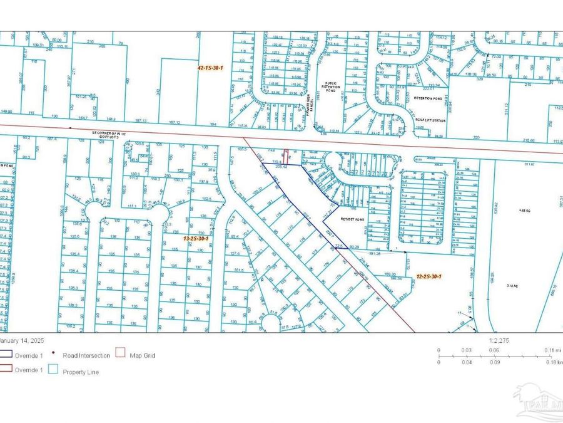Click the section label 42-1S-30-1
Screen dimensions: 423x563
tap(210, 66)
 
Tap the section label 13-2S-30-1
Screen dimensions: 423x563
tap(195, 238)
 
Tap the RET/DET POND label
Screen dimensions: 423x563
tap(355, 219)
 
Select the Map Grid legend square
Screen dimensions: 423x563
tap(120, 355)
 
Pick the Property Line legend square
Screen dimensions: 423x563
tap(53, 372)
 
